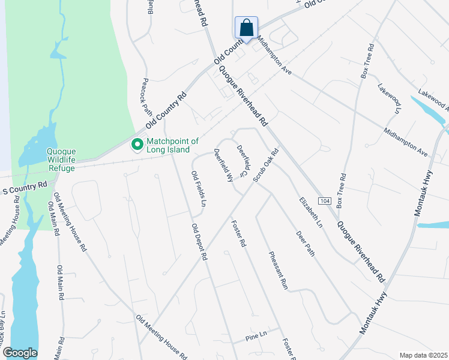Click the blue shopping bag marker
tap(246, 28)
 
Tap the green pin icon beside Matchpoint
tap(137, 145)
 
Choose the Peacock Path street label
tap(147, 98)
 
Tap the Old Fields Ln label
tap(199, 189)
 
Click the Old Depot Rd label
tap(199, 241)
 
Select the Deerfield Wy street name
tap(223, 166)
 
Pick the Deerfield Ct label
tap(243, 160)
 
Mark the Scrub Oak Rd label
tap(266, 166)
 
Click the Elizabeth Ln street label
tap(312, 212)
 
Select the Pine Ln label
tap(256, 337)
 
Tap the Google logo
tap(20, 353)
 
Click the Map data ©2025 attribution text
tap(423, 355)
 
